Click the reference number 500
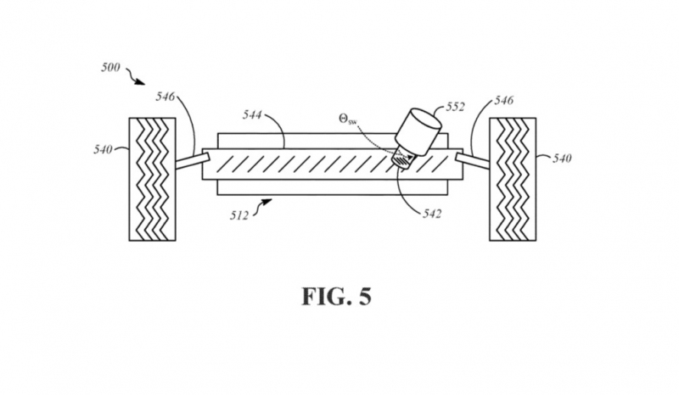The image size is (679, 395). click(110, 68)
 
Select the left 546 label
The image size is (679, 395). click(165, 96)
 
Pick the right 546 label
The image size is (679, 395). click(504, 101)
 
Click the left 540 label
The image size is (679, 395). click(103, 150)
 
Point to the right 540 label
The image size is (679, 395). click(562, 159)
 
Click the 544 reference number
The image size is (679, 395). click(252, 114)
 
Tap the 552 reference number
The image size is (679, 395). click(455, 107)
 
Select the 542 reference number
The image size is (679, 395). click(432, 214)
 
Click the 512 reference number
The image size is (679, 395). click(239, 215)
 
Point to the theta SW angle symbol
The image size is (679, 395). click(348, 120)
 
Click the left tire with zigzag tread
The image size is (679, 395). click(153, 179)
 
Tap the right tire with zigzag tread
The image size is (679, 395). click(513, 179)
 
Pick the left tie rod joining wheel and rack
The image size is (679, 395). click(193, 161)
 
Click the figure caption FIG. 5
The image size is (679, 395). click(336, 297)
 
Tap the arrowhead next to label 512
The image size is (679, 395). click(267, 201)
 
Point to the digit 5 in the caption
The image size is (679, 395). click(365, 297)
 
